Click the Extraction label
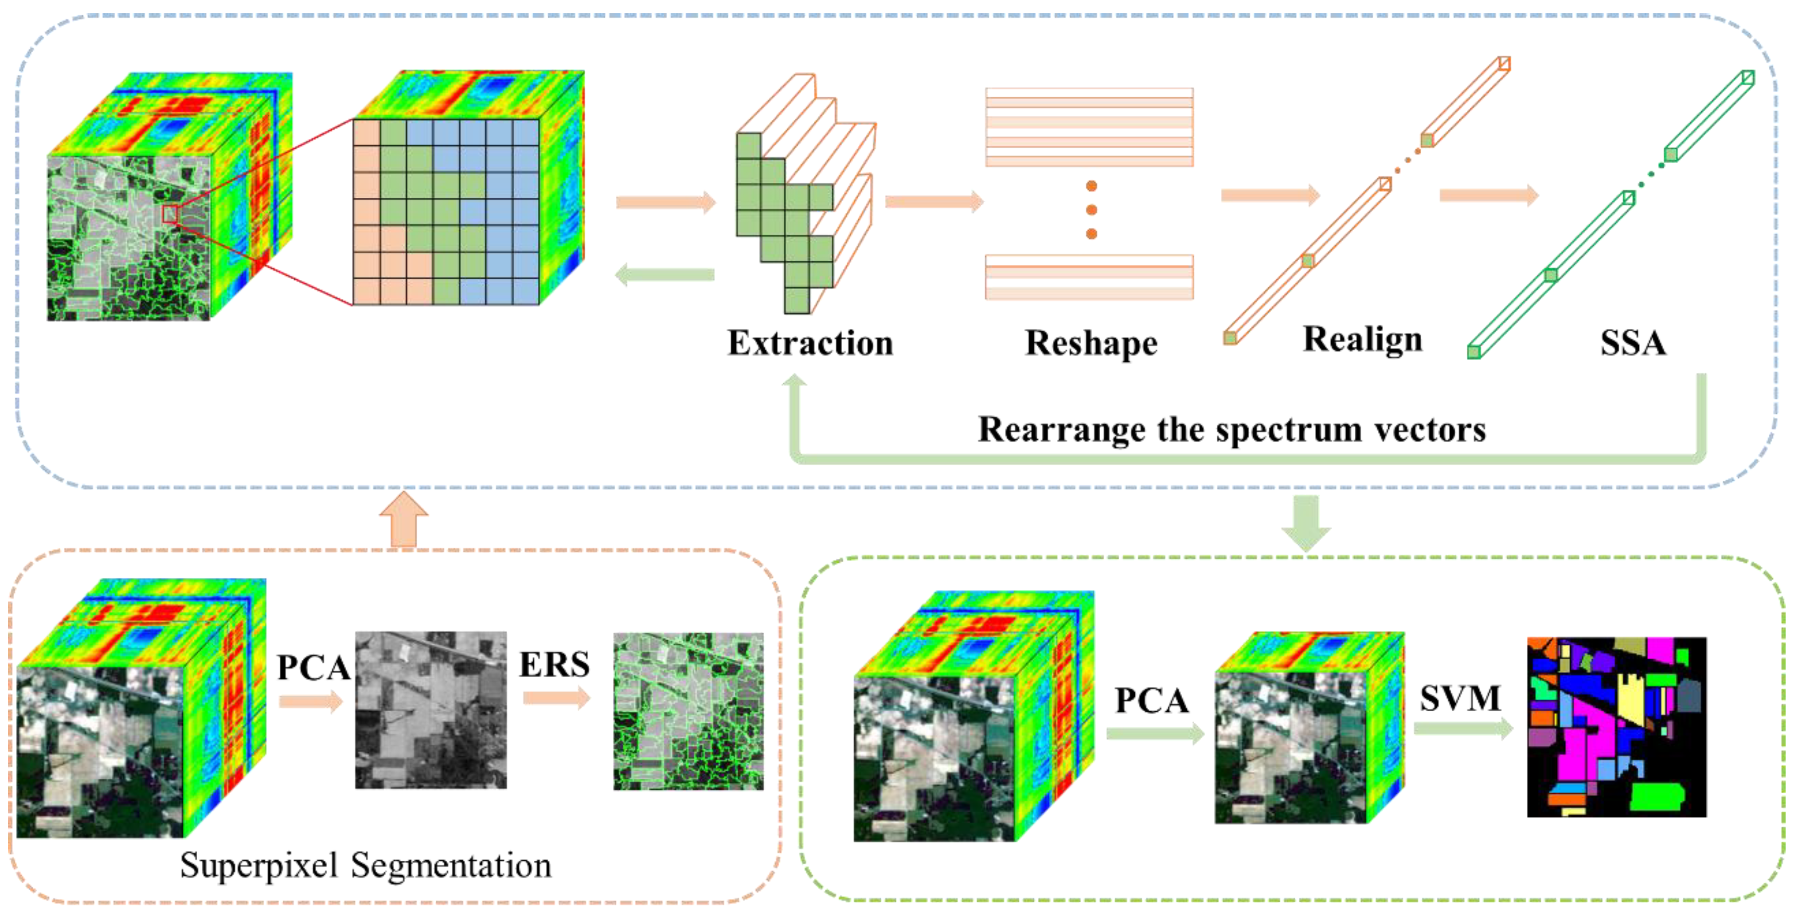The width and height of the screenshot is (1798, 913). tap(809, 343)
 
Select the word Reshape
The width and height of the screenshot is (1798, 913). tap(1091, 343)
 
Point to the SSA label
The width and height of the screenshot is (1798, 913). tap(1633, 343)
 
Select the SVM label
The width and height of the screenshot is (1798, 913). tap(1460, 697)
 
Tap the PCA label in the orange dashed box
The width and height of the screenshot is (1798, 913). tap(313, 667)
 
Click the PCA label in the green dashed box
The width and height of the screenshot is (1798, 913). tap(1152, 700)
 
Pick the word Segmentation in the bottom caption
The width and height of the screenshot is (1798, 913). tap(451, 866)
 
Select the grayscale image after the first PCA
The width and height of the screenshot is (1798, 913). tap(430, 710)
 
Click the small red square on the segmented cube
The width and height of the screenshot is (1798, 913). tap(170, 214)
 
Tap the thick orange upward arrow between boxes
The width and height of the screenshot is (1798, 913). tap(403, 521)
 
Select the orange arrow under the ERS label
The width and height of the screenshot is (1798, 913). tap(555, 697)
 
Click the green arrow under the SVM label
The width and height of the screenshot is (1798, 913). tap(1463, 728)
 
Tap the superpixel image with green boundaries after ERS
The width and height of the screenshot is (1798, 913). tap(688, 711)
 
